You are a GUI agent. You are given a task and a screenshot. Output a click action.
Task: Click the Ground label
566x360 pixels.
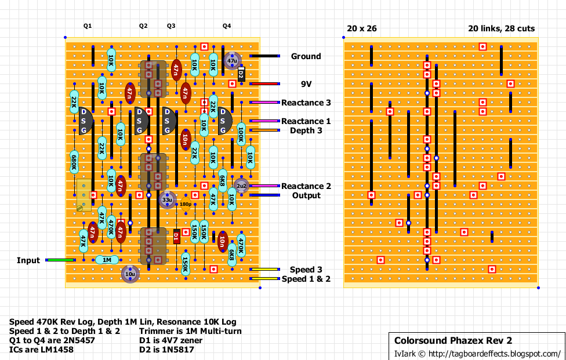306,56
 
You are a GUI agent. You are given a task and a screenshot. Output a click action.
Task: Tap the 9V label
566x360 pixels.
306,84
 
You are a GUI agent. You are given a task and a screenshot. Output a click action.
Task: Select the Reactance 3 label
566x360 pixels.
306,103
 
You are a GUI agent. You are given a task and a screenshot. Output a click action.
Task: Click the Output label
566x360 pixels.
306,195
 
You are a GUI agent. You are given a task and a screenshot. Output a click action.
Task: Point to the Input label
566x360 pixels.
28,260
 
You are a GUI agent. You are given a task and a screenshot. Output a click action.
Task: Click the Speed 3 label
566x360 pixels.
306,270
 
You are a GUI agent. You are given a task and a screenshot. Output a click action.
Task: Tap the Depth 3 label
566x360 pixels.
306,130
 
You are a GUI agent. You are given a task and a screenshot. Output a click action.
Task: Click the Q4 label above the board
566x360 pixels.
227,26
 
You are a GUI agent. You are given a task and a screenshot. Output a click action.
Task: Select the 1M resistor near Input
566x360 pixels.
107,260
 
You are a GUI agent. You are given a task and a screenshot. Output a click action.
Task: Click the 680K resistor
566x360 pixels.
74,162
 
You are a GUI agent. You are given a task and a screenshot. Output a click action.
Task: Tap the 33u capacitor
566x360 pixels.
167,200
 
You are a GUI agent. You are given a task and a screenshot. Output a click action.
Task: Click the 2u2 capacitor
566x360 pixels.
241,186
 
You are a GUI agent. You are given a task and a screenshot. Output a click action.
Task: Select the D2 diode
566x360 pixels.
241,74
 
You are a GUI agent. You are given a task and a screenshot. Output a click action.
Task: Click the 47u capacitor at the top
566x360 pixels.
232,60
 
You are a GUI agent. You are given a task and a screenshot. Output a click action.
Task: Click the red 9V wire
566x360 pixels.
264,84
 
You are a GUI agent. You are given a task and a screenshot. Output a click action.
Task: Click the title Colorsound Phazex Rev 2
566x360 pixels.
453,340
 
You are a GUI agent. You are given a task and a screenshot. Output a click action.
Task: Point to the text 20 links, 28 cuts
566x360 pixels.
502,28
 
